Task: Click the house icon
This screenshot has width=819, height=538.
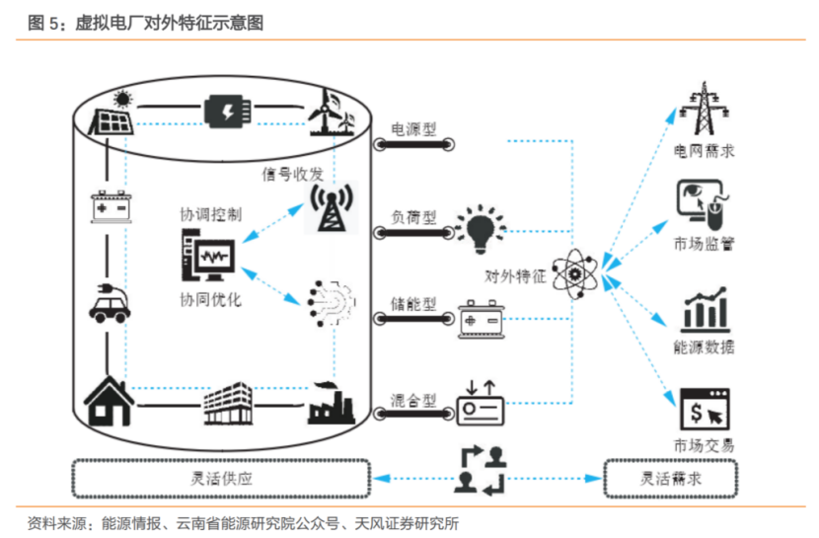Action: pos(108,400)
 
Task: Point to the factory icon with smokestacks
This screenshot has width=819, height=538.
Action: pos(331,402)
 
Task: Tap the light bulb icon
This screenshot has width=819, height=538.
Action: pos(481,228)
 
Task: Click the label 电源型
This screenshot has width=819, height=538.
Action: pos(413,128)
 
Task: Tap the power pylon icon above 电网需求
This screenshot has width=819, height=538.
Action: pos(704,107)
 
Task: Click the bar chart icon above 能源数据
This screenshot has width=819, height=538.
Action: pos(704,310)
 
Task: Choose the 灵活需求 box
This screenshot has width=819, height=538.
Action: pos(671,479)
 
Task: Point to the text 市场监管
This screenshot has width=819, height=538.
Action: pos(704,244)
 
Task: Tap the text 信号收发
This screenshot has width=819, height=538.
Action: pos(292,175)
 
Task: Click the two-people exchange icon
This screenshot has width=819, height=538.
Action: pos(481,470)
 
